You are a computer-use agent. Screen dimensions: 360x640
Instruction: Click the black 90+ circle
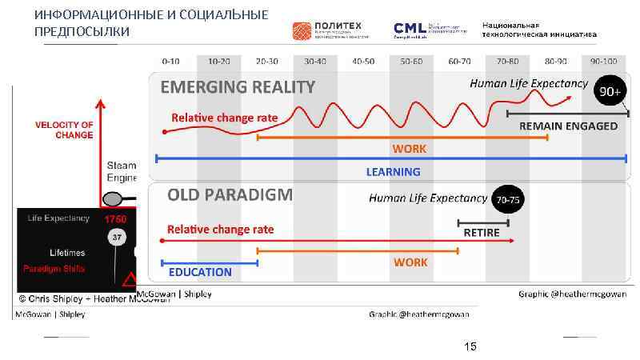[x=610, y=92]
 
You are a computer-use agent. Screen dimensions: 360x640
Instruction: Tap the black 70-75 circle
[x=507, y=199]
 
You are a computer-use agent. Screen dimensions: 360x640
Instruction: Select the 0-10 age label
[x=170, y=61]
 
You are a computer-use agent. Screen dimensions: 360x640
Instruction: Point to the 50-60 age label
[x=411, y=61]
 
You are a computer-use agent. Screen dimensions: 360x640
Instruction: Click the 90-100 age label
[x=604, y=61]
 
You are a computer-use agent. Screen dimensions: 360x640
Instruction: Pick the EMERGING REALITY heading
[x=238, y=86]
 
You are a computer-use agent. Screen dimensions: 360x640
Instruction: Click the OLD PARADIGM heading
[x=230, y=194]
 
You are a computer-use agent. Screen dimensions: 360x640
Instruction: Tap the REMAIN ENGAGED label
[x=568, y=126]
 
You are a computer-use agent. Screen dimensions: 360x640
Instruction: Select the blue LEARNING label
[x=393, y=171]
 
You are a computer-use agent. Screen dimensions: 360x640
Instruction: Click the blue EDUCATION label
[x=200, y=272]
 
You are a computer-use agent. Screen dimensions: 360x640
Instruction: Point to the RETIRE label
[x=482, y=233]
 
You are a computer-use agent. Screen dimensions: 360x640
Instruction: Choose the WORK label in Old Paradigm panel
[x=410, y=262]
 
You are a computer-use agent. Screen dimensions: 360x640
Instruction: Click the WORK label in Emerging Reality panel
[x=409, y=149]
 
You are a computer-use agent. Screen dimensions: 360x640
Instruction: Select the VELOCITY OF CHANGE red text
[x=64, y=130]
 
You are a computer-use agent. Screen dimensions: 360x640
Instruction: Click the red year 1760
[x=115, y=218]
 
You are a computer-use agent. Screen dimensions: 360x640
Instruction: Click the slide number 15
[x=470, y=346]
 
